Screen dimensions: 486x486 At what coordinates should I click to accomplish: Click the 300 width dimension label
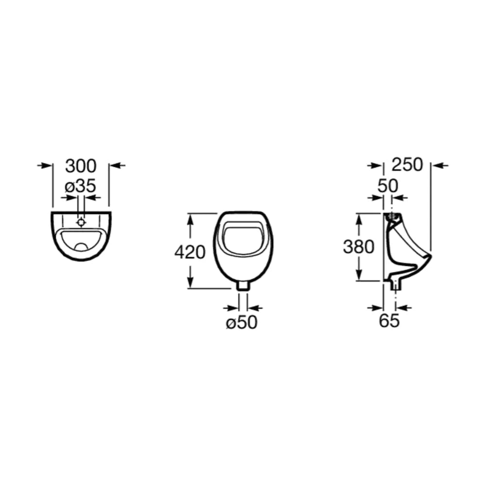pyautogui.click(x=81, y=166)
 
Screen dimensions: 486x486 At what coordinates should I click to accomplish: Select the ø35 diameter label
pyautogui.click(x=80, y=186)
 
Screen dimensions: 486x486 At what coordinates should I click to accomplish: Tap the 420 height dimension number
pyautogui.click(x=190, y=252)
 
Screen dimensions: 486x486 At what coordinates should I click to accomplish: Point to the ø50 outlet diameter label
pyautogui.click(x=242, y=322)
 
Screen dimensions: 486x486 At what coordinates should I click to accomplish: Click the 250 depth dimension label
pyautogui.click(x=407, y=165)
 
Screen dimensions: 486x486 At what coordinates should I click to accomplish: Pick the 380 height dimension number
pyautogui.click(x=359, y=247)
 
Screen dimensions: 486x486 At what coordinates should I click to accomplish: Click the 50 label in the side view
pyautogui.click(x=387, y=186)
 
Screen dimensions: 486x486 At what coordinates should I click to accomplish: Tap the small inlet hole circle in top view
pyautogui.click(x=81, y=222)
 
